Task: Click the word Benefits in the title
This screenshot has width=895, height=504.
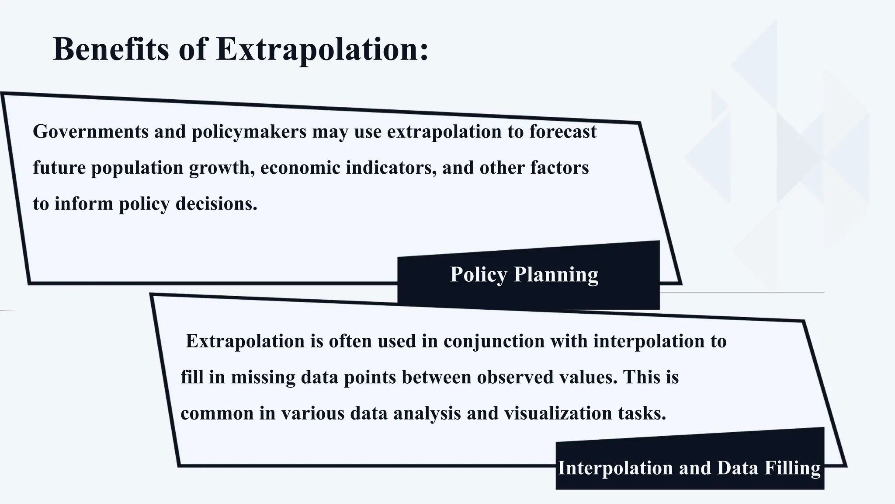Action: coord(111,49)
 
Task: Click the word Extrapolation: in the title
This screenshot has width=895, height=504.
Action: coord(323,49)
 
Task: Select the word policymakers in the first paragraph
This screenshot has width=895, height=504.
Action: coord(249,132)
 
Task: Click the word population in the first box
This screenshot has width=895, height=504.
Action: coord(137,168)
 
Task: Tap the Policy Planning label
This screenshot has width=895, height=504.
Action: coord(524,275)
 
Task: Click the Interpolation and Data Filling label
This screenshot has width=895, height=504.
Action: coord(689,468)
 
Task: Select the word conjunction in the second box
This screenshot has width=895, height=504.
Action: coord(494,342)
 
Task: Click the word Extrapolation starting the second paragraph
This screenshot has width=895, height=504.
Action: coord(245,342)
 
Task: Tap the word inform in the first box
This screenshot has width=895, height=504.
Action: coord(84,204)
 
